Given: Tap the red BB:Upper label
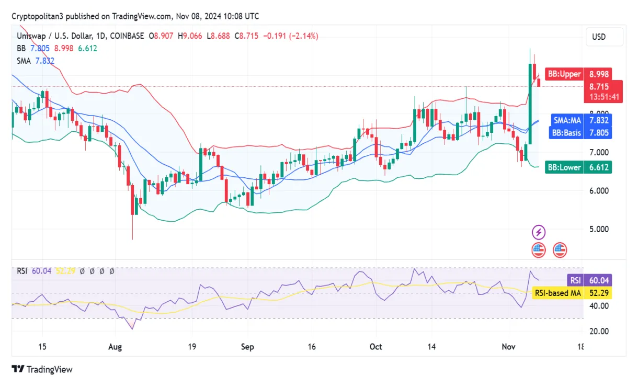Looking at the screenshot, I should click(x=564, y=74).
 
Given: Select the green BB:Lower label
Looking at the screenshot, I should click(x=564, y=167).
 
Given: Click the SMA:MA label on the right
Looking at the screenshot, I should click(x=567, y=120).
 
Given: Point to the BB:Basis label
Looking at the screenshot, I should click(x=566, y=133).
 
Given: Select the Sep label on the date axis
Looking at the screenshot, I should click(x=247, y=347).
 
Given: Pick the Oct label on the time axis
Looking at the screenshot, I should click(x=375, y=347).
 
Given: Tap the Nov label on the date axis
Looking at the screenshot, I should click(x=508, y=347).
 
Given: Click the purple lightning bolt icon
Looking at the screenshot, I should click(x=539, y=232).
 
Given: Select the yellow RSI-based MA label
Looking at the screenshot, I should click(x=557, y=293).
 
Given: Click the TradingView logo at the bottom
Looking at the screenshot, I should click(x=42, y=369).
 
